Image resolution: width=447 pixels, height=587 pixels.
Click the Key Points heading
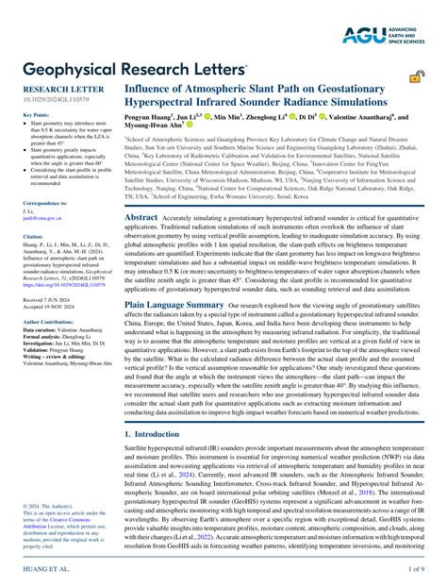coord(37,115)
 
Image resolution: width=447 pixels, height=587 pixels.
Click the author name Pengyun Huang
coord(155,119)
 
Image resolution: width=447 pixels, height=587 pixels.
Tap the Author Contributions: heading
coord(51,322)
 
